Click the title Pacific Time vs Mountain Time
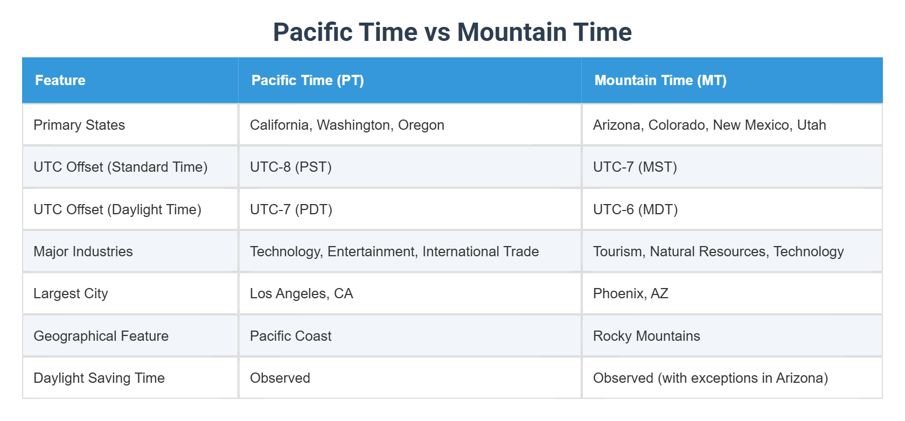[x=452, y=32]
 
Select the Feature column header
[x=60, y=80]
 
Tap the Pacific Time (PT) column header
[x=308, y=80]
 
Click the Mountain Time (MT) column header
[x=660, y=80]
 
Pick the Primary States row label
[x=79, y=125]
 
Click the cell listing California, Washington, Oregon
[x=347, y=125]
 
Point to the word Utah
[x=811, y=125]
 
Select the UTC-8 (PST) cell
[x=291, y=167]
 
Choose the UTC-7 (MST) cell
[x=635, y=167]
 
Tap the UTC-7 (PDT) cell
[x=291, y=209]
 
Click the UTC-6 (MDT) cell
[x=636, y=209]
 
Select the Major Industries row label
[x=83, y=251]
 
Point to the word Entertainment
[x=371, y=251]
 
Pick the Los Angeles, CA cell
[x=302, y=293]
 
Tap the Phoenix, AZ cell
[x=631, y=293]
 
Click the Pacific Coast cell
[x=291, y=336]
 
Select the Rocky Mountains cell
[x=646, y=336]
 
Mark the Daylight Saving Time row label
[x=99, y=378]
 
